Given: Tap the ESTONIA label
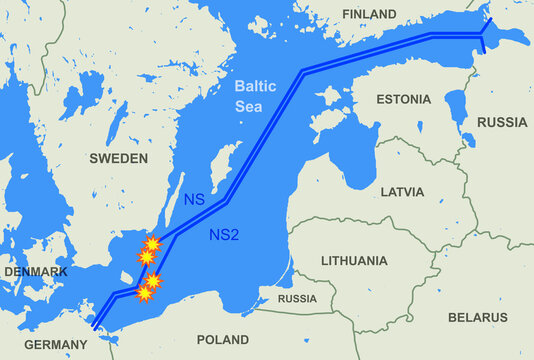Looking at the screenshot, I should [x=403, y=99].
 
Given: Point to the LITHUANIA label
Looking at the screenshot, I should [x=354, y=260].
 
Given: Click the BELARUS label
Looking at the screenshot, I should [x=478, y=317].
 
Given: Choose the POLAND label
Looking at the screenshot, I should [x=223, y=339].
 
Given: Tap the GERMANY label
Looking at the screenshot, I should [x=56, y=344].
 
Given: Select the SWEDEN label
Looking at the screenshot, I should [x=118, y=158].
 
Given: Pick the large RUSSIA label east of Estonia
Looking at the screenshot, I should [x=501, y=122].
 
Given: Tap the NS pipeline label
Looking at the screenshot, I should [x=194, y=200].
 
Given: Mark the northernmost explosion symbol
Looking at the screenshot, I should [x=152, y=245].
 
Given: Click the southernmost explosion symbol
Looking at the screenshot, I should [x=146, y=294].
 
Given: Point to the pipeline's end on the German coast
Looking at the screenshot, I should [x=96, y=324].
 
